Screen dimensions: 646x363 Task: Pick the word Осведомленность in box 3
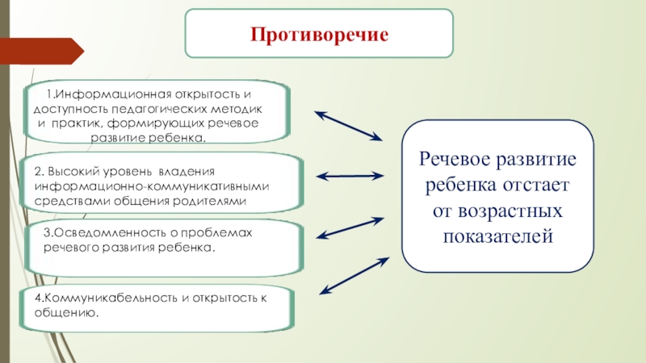coord(103,232)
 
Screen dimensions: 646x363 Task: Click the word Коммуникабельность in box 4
coord(103,298)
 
